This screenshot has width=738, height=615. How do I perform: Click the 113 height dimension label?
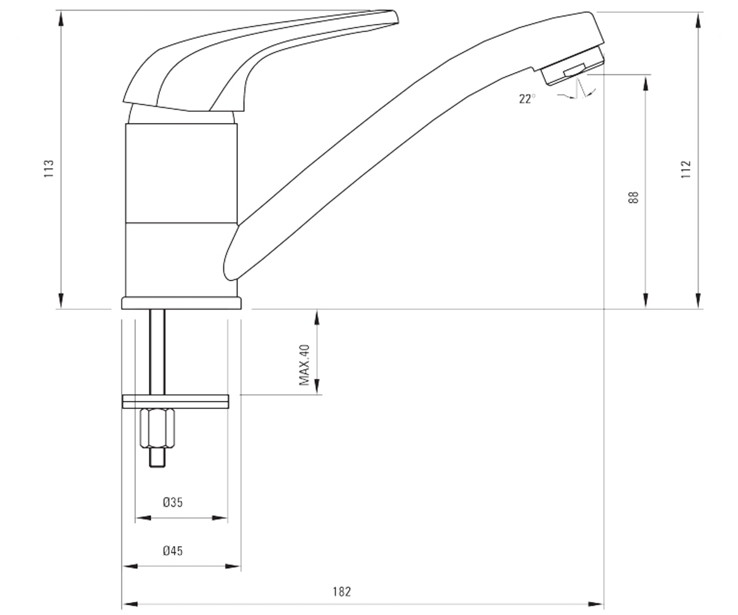pyautogui.click(x=49, y=169)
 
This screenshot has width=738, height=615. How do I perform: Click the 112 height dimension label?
pyautogui.click(x=686, y=169)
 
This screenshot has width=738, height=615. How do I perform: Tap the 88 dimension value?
pyautogui.click(x=633, y=197)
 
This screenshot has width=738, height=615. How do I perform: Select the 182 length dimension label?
pyautogui.click(x=342, y=592)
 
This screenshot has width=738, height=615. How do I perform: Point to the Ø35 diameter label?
pyautogui.click(x=173, y=502)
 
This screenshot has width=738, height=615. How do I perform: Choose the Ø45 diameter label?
pyautogui.click(x=173, y=550)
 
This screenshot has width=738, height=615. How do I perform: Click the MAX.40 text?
pyautogui.click(x=304, y=365)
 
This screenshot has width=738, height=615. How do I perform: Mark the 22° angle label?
pyautogui.click(x=527, y=98)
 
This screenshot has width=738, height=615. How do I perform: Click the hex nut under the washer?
pyautogui.click(x=157, y=429)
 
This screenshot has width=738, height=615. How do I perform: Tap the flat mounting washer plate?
pyautogui.click(x=175, y=402)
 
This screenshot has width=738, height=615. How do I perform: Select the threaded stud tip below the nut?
pyautogui.click(x=157, y=458)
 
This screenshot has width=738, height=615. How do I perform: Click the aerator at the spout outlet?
pyautogui.click(x=572, y=67)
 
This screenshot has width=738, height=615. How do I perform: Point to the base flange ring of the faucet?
pyautogui.click(x=181, y=303)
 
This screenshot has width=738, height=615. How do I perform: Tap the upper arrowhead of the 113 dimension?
pyautogui.click(x=61, y=18)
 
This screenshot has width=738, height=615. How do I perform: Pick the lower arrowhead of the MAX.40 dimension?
pyautogui.click(x=317, y=386)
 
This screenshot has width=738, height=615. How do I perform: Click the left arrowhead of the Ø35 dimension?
pyautogui.click(x=143, y=518)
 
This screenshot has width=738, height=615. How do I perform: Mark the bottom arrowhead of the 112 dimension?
pyautogui.click(x=698, y=301)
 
